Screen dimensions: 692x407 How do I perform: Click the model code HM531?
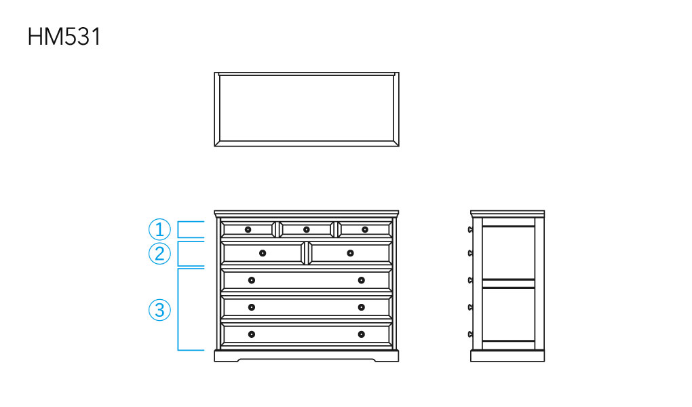tap(64, 37)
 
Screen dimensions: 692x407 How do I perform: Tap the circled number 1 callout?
tap(159, 229)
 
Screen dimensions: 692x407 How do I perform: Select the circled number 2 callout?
tap(159, 254)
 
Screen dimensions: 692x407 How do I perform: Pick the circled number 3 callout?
tap(159, 309)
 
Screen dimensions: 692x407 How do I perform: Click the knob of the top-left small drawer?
tap(248, 229)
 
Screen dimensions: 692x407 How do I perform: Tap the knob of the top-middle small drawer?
tap(306, 229)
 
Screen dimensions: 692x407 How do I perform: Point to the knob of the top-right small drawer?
tap(365, 229)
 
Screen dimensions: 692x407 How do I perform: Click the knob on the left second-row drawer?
tap(263, 253)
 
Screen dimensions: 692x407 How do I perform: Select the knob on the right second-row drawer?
tap(351, 253)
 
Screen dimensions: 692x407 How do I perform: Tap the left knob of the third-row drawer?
tap(252, 280)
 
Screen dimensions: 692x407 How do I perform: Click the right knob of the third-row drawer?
tap(362, 280)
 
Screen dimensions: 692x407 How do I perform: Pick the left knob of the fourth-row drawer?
tap(252, 307)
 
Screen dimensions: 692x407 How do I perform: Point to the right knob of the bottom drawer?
tap(362, 334)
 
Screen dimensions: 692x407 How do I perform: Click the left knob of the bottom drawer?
tap(252, 334)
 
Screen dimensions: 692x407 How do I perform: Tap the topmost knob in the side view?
tap(470, 229)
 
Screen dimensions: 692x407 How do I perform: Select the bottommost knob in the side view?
tap(470, 334)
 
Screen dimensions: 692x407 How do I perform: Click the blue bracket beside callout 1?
tap(178, 229)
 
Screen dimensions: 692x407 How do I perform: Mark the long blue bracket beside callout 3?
tap(178, 309)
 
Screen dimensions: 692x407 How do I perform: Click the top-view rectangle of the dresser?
tap(214, 109)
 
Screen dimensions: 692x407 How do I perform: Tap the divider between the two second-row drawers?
tap(306, 253)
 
